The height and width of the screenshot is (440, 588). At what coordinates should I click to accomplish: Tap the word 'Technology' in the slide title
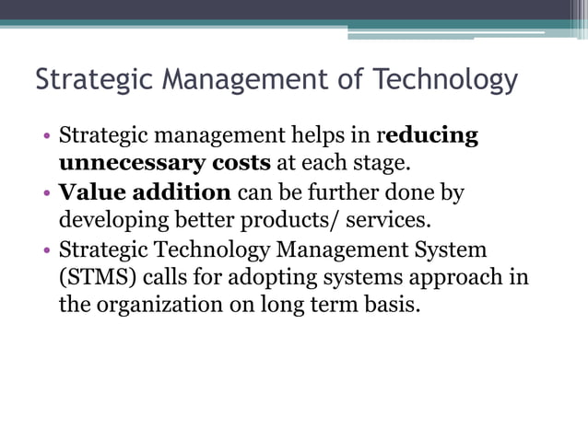pyautogui.click(x=445, y=82)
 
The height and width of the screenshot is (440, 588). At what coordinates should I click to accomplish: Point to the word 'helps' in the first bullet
pyautogui.click(x=319, y=137)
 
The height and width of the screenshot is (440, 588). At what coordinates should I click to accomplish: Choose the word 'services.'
pyautogui.click(x=386, y=222)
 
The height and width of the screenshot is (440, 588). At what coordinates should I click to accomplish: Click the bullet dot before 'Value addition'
pyautogui.click(x=46, y=194)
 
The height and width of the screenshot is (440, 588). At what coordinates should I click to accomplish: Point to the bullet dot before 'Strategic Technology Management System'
pyautogui.click(x=46, y=250)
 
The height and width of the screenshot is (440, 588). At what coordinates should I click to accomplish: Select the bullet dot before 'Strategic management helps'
pyautogui.click(x=46, y=138)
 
